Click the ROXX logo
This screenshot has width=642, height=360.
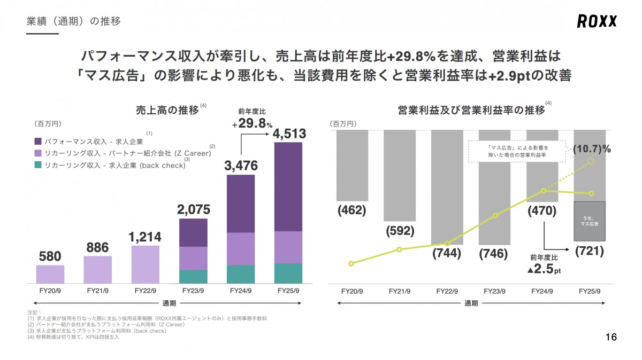[597, 21]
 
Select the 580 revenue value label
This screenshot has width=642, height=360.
[50, 256]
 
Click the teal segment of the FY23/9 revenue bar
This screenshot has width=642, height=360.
[193, 276]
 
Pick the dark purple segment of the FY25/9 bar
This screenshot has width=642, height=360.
[288, 186]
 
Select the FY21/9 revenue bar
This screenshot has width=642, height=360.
[98, 269]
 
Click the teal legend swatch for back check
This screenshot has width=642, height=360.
[38, 165]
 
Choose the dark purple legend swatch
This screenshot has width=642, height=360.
[38, 142]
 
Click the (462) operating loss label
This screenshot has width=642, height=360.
[351, 210]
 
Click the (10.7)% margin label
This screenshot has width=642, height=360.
[591, 149]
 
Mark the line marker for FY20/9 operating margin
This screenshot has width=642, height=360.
[351, 263]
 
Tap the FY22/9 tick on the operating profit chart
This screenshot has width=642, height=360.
[447, 292]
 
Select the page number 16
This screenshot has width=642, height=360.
[611, 337]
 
